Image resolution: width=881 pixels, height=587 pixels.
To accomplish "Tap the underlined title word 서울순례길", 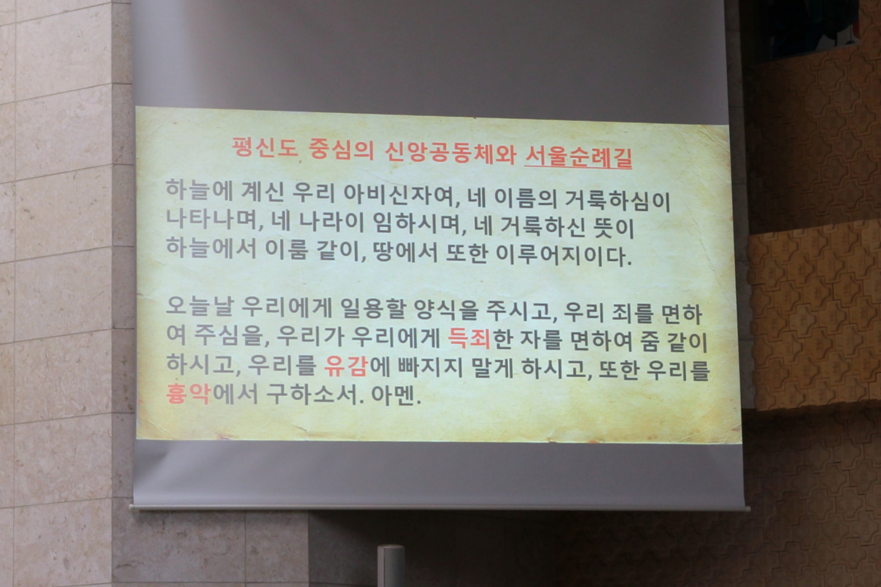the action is click(578, 157).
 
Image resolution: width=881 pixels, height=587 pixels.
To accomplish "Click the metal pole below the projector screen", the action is click(391, 566).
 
